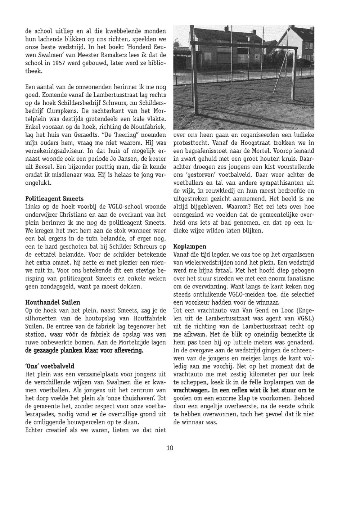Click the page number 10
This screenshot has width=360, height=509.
pyautogui.click(x=170, y=448)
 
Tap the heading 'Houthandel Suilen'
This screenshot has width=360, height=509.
pyautogui.click(x=53, y=302)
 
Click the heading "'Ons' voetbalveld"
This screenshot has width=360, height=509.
pyautogui.click(x=50, y=366)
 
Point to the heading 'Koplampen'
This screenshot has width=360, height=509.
pyautogui.click(x=190, y=247)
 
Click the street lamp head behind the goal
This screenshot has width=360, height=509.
pyautogui.click(x=249, y=37)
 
